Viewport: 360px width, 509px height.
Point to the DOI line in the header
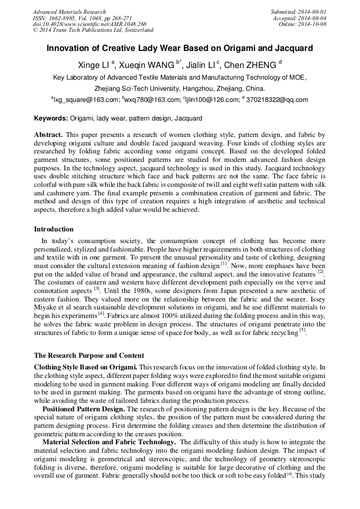pos(89,24)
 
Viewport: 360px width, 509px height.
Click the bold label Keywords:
pos(51,118)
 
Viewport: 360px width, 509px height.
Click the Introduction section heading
pos(54,229)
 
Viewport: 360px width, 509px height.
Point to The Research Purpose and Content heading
pos(89,355)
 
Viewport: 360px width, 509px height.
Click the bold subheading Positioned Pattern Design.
pos(84,409)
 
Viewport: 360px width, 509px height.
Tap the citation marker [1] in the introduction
pos(224,263)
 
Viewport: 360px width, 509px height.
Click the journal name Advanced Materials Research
pos(70,12)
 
